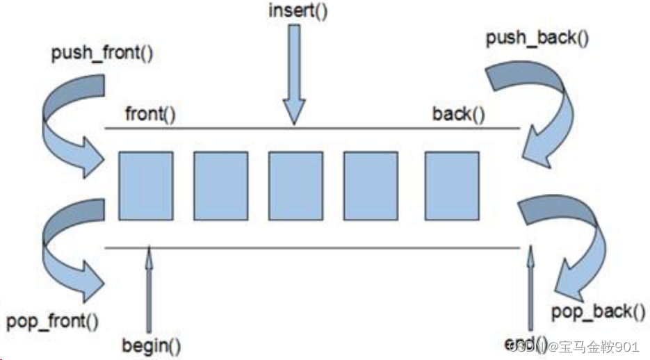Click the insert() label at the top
coord(298,12)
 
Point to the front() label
coord(150,113)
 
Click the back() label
coord(458,113)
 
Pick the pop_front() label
coord(52,322)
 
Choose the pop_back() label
coord(593,311)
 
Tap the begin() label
coord(151,345)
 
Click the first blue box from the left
coord(146,186)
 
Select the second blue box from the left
coord(220,186)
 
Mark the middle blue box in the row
coord(295,186)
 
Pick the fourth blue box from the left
coord(371,186)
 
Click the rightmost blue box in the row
coord(452,186)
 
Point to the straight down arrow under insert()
coord(295,76)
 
